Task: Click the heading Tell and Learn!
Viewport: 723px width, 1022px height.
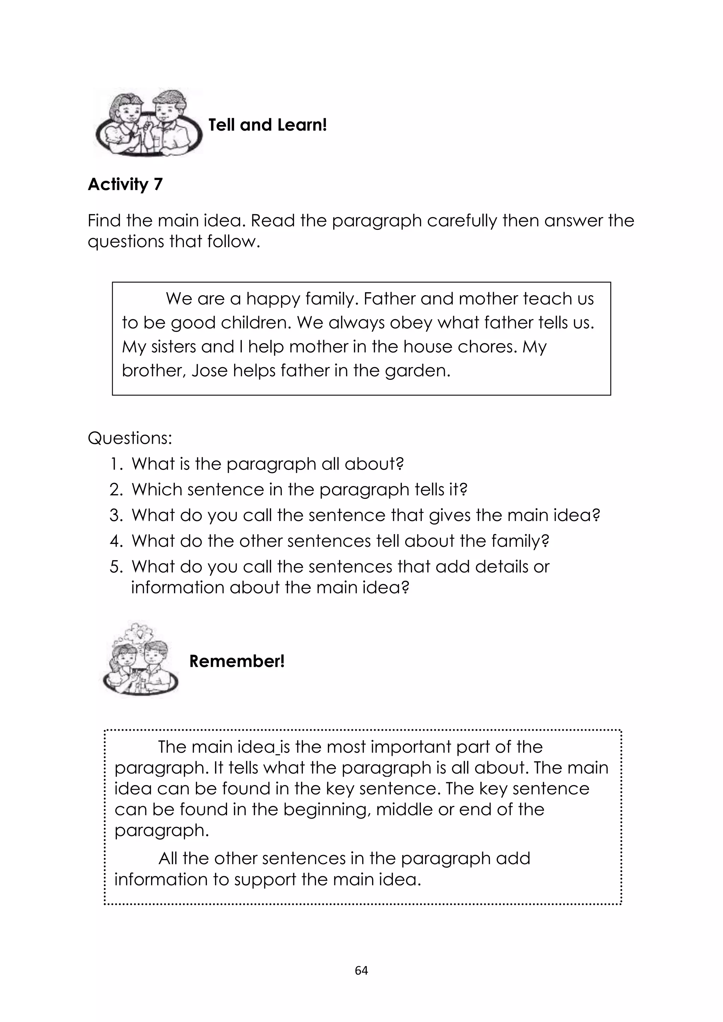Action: coord(268,125)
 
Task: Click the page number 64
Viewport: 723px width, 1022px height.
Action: coord(361,970)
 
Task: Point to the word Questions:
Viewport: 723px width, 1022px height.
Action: coord(130,438)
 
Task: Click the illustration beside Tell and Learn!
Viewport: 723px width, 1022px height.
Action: coord(148,123)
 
